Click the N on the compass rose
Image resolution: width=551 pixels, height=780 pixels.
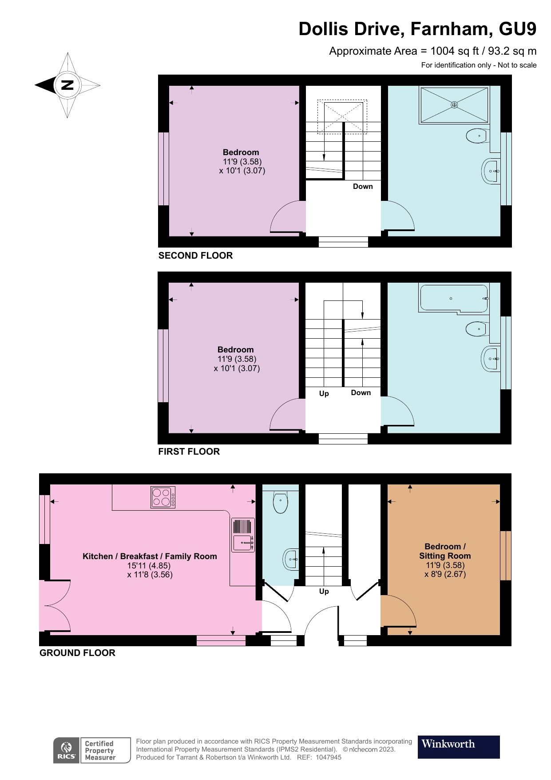pos(67,85)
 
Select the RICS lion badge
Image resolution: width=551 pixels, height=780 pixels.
pos(67,751)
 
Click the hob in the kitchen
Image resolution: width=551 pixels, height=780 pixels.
pos(163,497)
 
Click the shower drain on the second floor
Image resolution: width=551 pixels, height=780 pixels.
pos(454,105)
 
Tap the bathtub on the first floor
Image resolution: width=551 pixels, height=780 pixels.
pos(453,298)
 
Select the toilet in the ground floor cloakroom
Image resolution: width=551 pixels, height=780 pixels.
pos(280,502)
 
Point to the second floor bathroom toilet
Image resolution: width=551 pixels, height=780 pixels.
pos(476,136)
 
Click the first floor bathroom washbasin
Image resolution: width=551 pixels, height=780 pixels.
pos(490,358)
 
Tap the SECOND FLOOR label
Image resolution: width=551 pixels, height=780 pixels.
pos(195,256)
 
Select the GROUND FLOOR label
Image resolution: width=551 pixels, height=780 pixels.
pos(77,653)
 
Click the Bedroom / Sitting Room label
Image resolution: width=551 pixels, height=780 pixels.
pos(445,551)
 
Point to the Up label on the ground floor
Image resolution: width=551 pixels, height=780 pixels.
pos(324,592)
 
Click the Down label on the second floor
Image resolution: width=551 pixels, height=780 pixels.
pos(363,187)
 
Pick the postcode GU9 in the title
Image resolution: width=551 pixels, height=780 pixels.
pos(517,29)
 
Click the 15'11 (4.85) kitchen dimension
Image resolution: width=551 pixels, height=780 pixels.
pos(149,566)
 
